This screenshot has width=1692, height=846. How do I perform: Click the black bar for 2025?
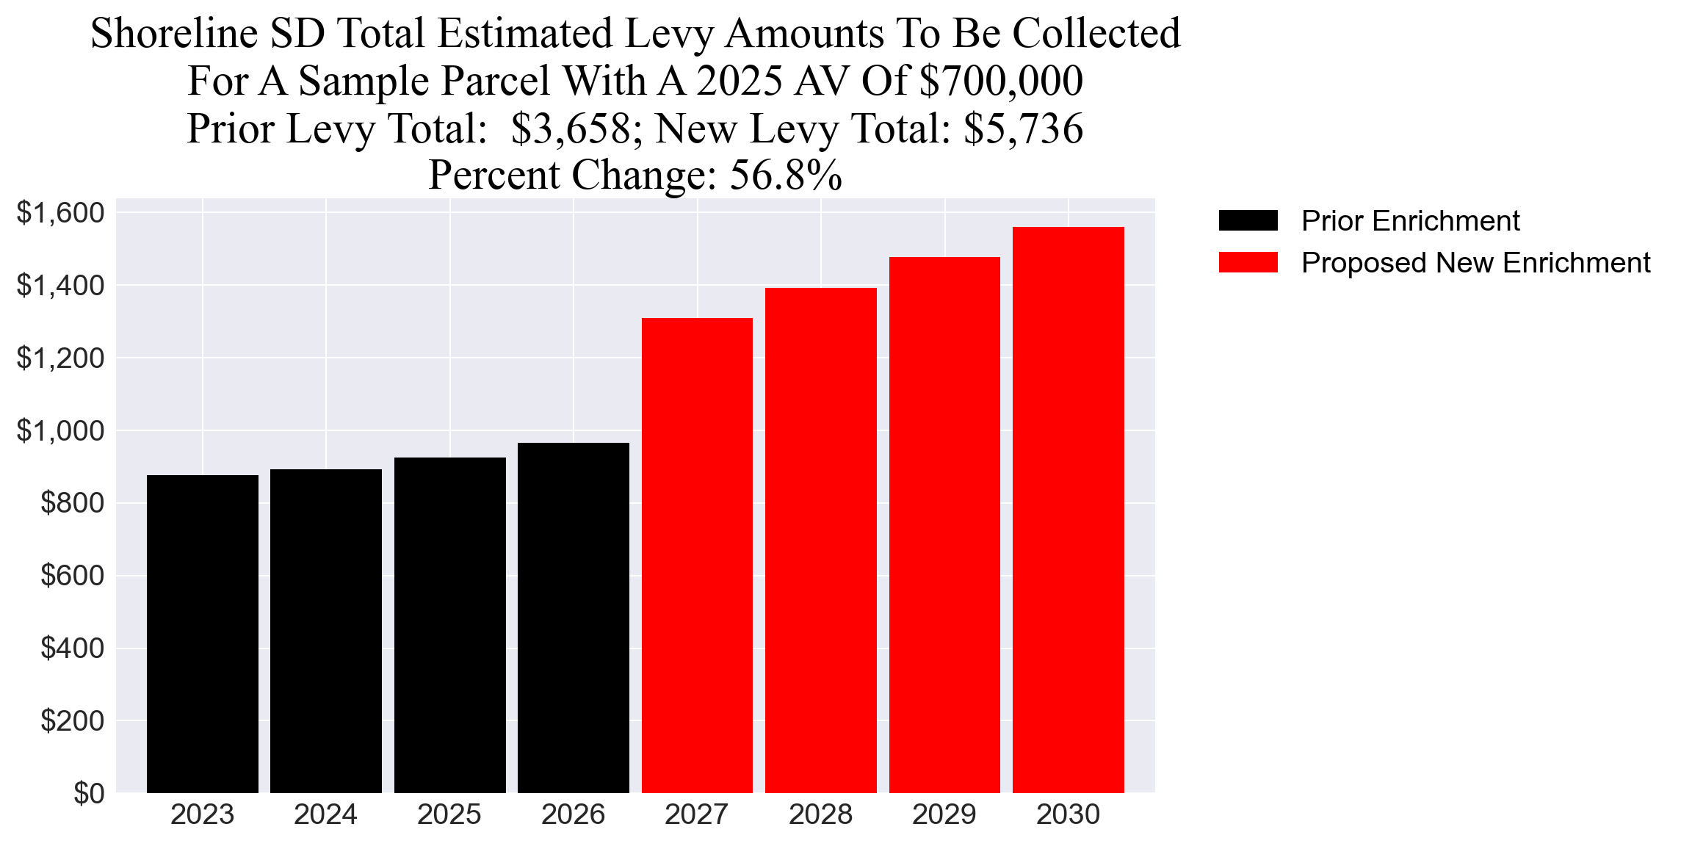pyautogui.click(x=449, y=625)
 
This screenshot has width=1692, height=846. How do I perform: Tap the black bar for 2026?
pyautogui.click(x=574, y=618)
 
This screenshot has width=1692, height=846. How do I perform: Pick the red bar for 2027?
pyautogui.click(x=697, y=555)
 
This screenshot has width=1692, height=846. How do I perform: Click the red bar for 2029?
pyautogui.click(x=944, y=524)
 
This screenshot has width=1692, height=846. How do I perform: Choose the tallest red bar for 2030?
pyautogui.click(x=1068, y=510)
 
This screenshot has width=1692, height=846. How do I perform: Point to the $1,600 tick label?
pyautogui.click(x=60, y=213)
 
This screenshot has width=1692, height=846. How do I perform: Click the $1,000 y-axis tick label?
pyautogui.click(x=60, y=430)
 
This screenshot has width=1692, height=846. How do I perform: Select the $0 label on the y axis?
pyautogui.click(x=88, y=793)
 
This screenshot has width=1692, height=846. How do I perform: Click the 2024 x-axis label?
pyautogui.click(x=325, y=815)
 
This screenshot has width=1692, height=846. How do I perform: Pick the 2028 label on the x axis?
pyautogui.click(x=820, y=815)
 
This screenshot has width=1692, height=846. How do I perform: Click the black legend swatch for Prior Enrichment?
pyautogui.click(x=1248, y=220)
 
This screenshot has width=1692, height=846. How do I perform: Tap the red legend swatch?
pyautogui.click(x=1248, y=262)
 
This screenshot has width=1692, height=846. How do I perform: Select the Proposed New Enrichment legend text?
pyautogui.click(x=1475, y=263)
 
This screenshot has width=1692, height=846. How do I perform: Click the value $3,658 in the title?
pyautogui.click(x=571, y=129)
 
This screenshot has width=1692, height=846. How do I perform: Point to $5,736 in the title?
pyautogui.click(x=1023, y=129)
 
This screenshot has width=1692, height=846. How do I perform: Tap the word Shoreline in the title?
pyautogui.click(x=174, y=34)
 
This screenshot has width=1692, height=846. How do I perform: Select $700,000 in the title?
pyautogui.click(x=1001, y=81)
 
